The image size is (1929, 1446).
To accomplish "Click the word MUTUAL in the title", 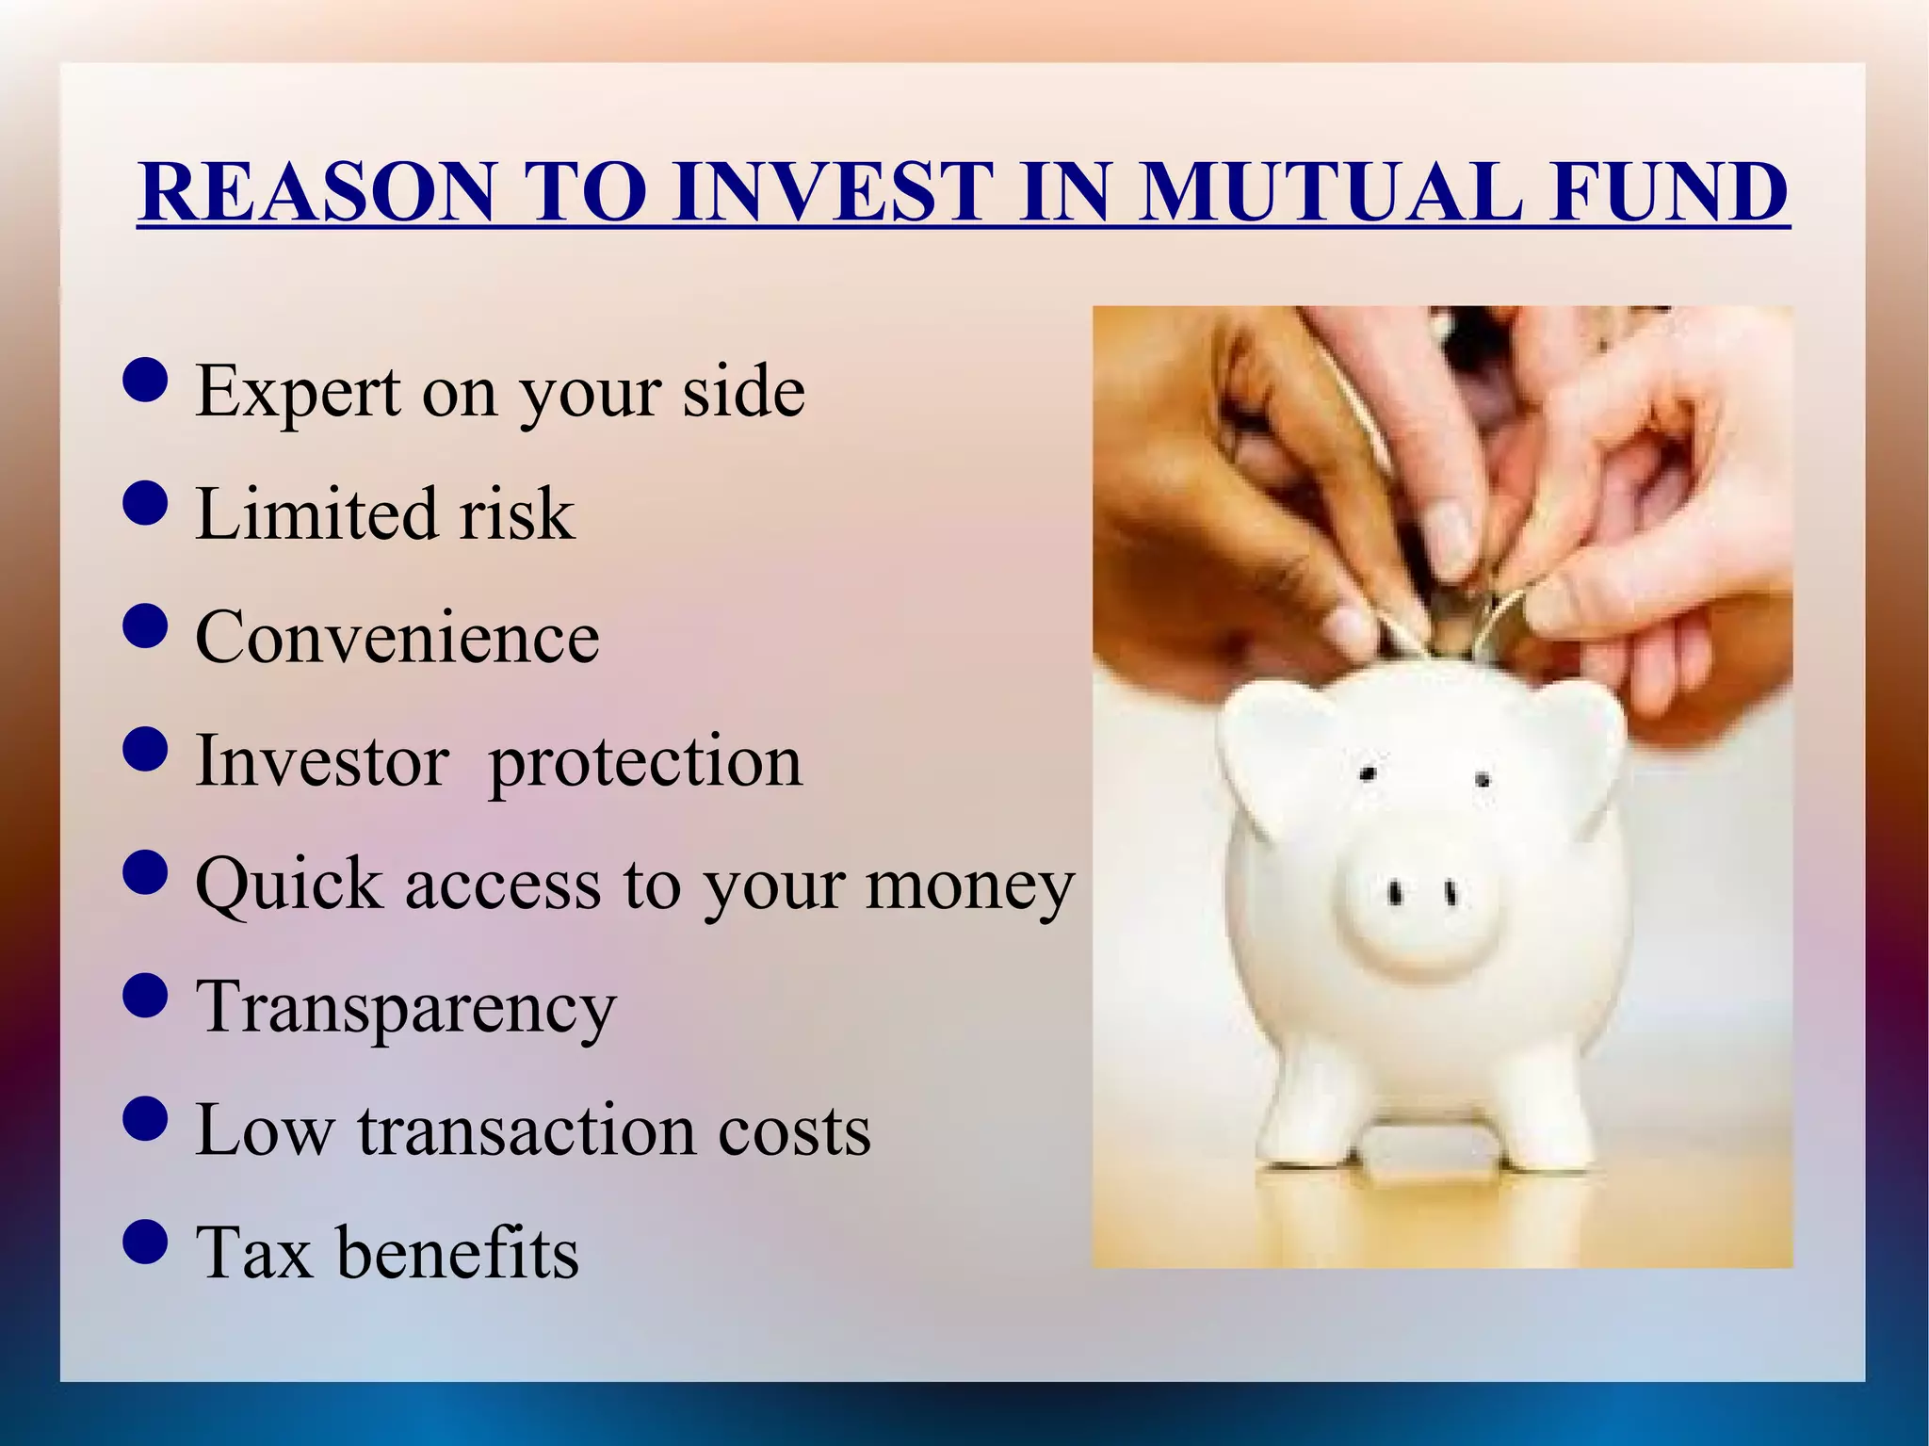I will pos(1329,192).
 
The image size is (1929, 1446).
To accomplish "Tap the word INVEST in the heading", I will pos(833,192).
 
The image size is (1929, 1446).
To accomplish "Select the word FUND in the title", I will pos(1670,192).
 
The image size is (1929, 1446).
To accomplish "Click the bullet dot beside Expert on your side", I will pos(145,381).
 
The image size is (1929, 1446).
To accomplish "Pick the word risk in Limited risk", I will pos(516,514).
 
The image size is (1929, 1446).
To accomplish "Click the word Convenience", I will pos(397,638).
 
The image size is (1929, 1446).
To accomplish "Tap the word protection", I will pos(645,762).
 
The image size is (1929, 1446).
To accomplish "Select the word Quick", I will pos(289,885).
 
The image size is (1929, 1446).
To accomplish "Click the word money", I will pos(969,887).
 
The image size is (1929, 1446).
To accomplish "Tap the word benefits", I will pos(458,1254).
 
